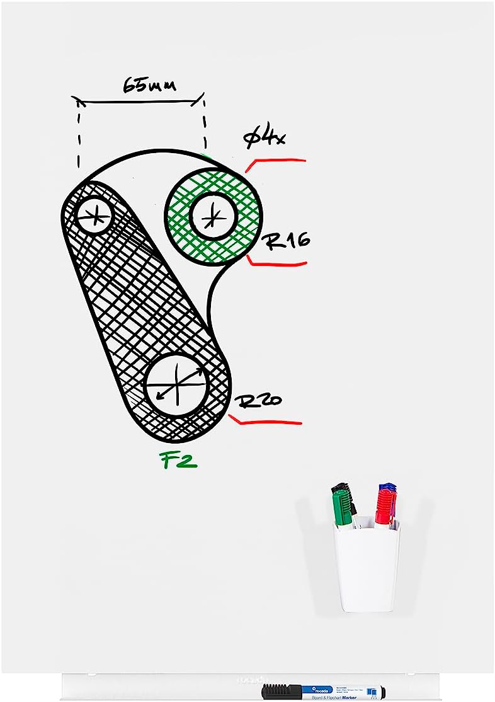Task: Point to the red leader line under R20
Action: click(x=268, y=421)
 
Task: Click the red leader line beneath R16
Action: click(x=277, y=263)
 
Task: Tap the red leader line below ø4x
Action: click(x=277, y=161)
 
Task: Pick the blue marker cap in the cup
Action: click(x=387, y=488)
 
